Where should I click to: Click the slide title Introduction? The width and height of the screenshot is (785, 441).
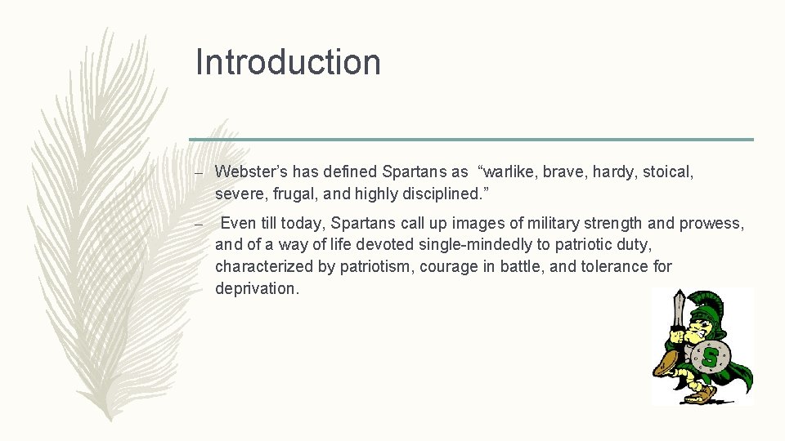coord(288,62)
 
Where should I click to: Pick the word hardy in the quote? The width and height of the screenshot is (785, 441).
coord(614,171)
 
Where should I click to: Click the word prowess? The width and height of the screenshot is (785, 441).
coord(711,223)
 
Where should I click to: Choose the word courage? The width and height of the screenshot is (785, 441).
coord(451,266)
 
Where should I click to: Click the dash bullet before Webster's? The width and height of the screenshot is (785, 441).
coord(199,172)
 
